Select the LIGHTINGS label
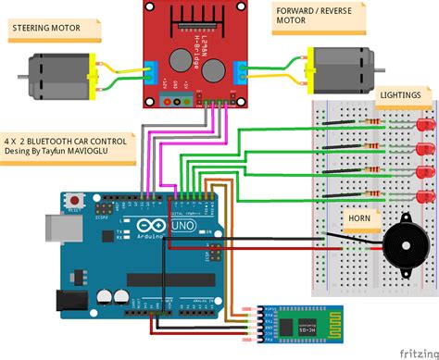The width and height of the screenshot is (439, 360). point(406,94)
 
